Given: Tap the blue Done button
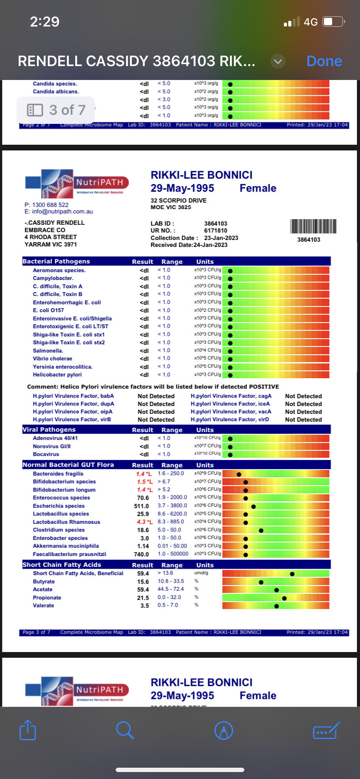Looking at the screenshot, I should coord(324,61).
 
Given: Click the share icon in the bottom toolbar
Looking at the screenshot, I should coord(28,730).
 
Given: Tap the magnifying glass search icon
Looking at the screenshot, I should coord(125,730).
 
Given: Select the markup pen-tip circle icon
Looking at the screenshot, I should coord(224,730).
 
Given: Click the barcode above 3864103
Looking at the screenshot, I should coord(313,226).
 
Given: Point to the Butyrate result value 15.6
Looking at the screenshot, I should coord(143,582).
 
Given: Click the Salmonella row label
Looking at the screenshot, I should coord(48,351).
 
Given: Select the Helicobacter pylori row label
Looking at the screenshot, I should coord(57,375).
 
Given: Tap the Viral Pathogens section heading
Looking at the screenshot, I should coord(49,429).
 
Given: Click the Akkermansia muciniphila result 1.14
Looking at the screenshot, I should coord(143,546).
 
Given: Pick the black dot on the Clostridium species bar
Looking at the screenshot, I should coord(261,530).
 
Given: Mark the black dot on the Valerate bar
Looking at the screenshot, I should coord(277,606).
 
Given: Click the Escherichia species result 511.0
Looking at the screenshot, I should coord(141,506).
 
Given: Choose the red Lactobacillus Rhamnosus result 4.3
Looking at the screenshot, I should coord(142,522).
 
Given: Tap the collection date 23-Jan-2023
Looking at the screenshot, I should coord(221,238).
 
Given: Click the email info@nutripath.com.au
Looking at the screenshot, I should coord(59,212).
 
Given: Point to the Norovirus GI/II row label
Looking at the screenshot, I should coord(52,446).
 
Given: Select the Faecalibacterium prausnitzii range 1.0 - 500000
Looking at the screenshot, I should coord(173,554).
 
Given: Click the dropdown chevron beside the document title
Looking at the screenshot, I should coord(278,61).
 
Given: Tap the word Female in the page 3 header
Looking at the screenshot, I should coord(258,188).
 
